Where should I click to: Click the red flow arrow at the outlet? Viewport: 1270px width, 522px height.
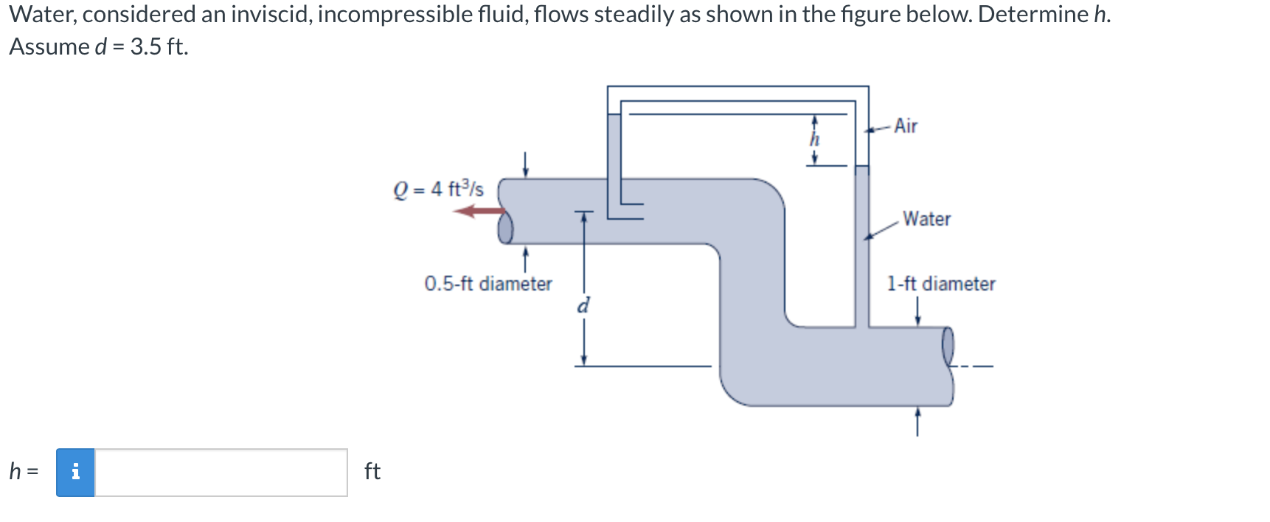pos(478,212)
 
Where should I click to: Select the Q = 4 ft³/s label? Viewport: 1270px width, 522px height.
pos(439,189)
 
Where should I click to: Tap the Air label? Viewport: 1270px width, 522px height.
pos(906,126)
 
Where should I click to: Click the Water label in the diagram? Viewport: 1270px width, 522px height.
pos(926,219)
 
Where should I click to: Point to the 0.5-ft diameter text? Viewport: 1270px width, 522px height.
pos(487,284)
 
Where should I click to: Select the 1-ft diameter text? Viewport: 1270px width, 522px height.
pos(940,284)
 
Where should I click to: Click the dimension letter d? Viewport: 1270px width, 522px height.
pos(583,305)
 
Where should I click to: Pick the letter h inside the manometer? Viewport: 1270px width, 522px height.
pos(814,139)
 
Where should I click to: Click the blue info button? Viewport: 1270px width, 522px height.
pos(75,473)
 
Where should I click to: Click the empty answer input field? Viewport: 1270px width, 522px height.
pos(221,473)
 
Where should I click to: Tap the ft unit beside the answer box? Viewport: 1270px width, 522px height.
pos(372,471)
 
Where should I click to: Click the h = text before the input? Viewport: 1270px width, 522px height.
pos(23,471)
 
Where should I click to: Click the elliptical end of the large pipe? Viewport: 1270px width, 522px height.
pos(948,347)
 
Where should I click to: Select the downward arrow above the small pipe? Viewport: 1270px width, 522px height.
pos(525,164)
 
